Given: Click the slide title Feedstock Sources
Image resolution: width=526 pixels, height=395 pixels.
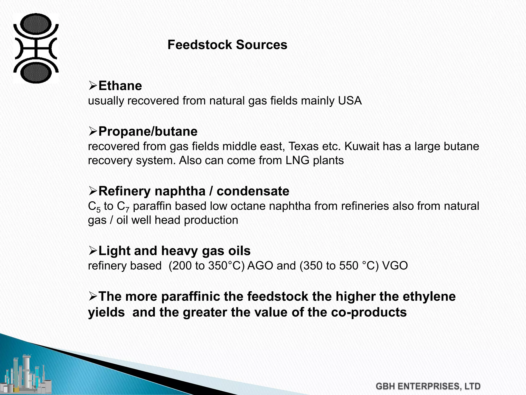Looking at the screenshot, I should coord(227,45).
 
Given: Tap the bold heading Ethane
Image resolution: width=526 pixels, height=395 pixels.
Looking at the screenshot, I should coord(120,86).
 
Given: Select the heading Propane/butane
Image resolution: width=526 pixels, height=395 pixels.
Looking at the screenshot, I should coord(148,131).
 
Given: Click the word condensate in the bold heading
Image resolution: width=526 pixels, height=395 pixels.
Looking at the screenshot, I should coord(253,191).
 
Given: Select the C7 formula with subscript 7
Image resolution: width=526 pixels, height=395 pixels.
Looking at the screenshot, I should coord(123,207).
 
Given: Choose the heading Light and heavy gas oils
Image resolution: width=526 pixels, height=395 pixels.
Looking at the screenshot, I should coord(174,251).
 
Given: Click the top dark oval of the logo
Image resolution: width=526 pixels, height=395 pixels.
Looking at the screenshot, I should coord(36,24).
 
